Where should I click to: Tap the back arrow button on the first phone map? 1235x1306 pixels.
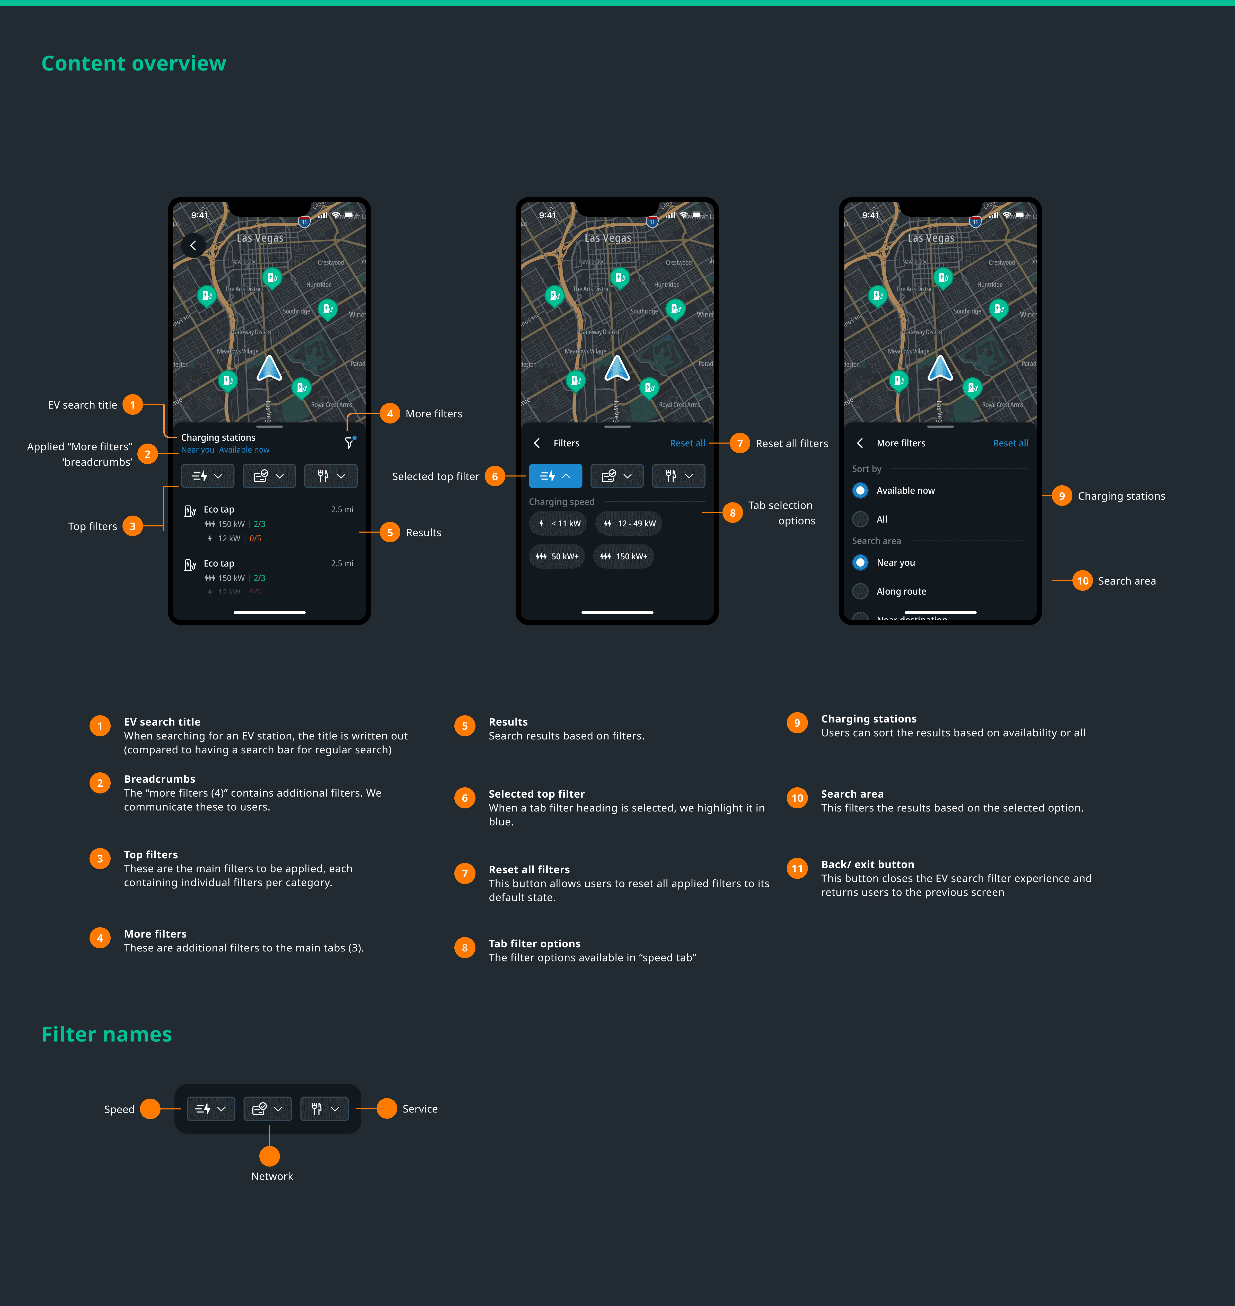point(193,245)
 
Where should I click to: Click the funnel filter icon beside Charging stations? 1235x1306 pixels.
point(349,443)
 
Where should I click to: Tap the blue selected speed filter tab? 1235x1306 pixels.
point(555,476)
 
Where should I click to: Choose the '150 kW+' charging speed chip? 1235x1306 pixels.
point(623,556)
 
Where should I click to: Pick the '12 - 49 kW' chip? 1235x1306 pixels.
point(629,523)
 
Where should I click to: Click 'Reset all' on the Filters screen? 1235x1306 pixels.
point(687,443)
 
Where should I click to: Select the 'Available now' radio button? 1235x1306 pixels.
point(860,490)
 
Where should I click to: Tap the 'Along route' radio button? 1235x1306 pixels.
point(860,591)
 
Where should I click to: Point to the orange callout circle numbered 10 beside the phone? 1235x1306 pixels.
point(1082,581)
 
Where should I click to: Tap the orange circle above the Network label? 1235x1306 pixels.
point(270,1156)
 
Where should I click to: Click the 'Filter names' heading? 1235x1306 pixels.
point(107,1034)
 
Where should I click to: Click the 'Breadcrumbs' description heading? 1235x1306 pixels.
point(159,779)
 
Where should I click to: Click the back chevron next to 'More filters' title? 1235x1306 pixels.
point(860,443)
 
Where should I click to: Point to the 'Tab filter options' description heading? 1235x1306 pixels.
point(534,943)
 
